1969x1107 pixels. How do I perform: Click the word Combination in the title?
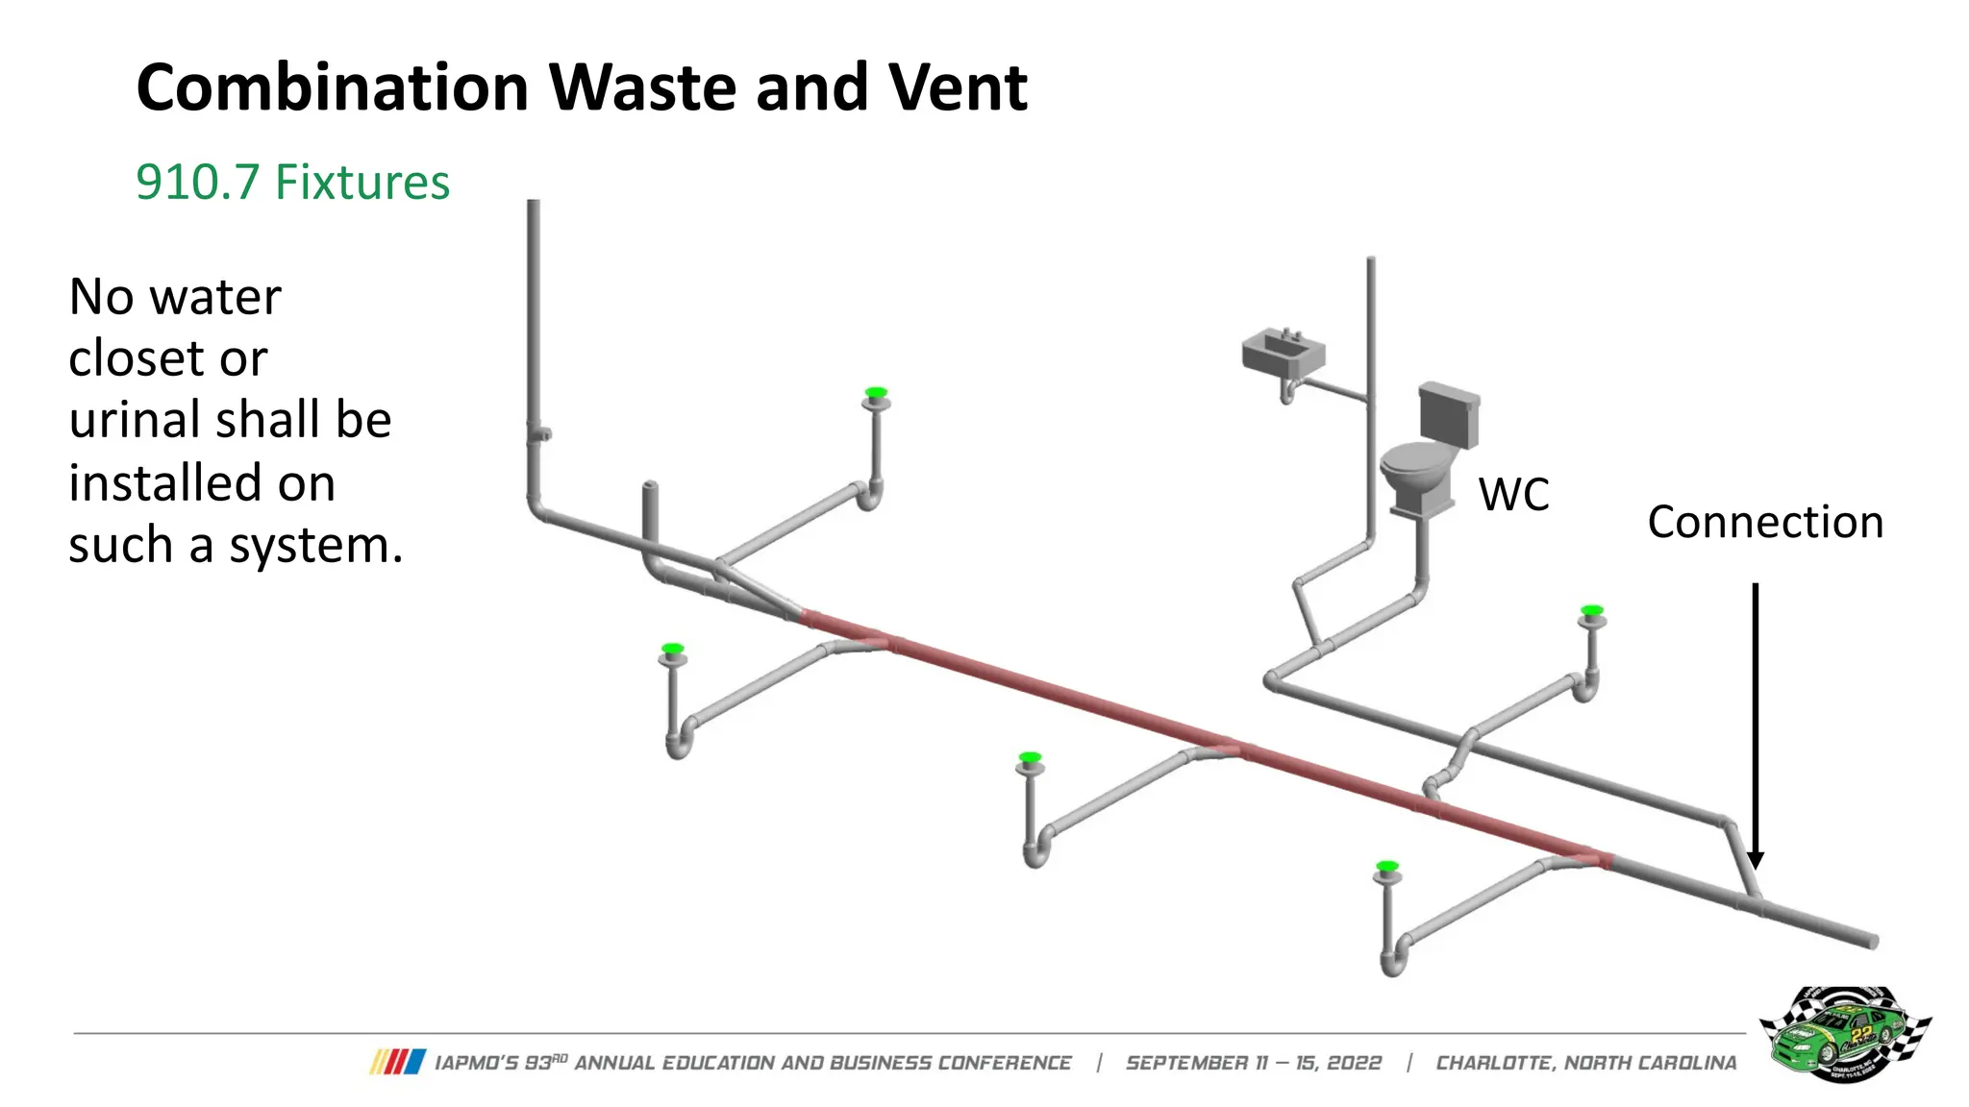pos(332,88)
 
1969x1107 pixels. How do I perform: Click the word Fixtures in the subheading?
pos(362,183)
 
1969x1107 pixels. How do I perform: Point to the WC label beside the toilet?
pos(1513,496)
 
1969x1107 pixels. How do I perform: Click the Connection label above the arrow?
pos(1765,523)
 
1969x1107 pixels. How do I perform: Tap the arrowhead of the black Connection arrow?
pos(1756,859)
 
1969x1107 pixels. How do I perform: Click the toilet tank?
pos(1449,414)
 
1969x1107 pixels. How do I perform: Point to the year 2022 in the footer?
pos(1354,1063)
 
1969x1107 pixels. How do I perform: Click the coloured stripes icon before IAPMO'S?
pos(397,1062)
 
